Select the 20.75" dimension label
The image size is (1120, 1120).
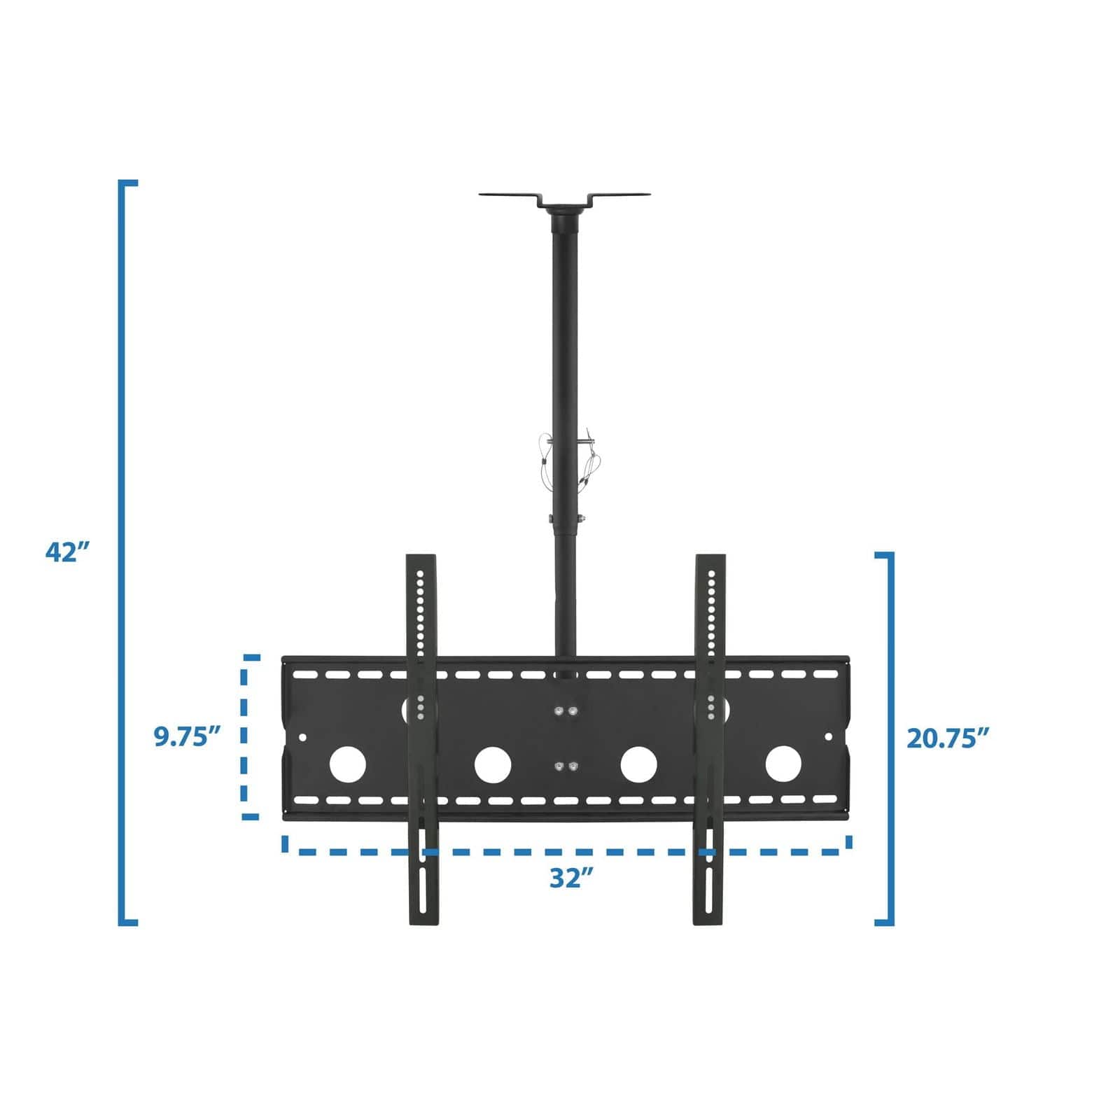pyautogui.click(x=948, y=738)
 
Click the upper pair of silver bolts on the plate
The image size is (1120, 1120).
pyautogui.click(x=566, y=712)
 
